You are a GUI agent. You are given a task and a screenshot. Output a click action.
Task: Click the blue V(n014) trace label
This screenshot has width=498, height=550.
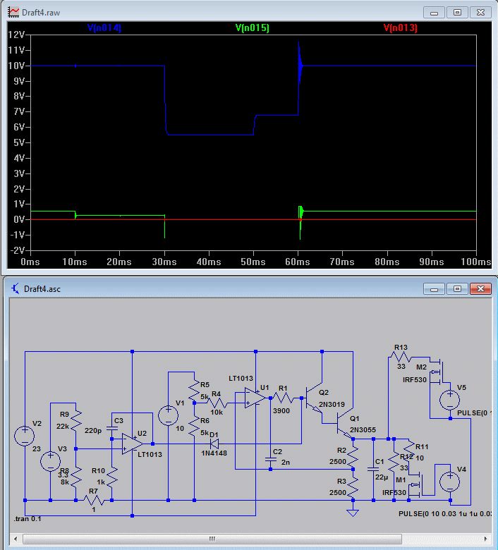[104, 28]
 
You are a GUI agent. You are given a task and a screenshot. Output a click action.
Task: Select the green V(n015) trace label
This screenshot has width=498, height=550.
[252, 28]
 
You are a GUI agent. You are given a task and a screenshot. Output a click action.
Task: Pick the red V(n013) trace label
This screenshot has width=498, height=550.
[400, 28]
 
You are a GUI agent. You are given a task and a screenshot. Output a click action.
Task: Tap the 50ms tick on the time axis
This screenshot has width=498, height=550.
[253, 262]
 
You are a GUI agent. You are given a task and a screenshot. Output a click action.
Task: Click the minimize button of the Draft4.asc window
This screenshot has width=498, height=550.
[432, 289]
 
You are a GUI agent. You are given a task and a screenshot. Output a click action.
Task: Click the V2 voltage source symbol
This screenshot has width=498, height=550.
[25, 434]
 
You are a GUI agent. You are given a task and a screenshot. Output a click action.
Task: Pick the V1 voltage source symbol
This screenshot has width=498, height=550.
[169, 414]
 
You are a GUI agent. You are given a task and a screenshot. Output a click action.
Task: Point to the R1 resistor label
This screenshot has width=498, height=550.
[283, 389]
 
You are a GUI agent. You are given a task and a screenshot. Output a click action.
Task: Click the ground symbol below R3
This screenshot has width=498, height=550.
[353, 511]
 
